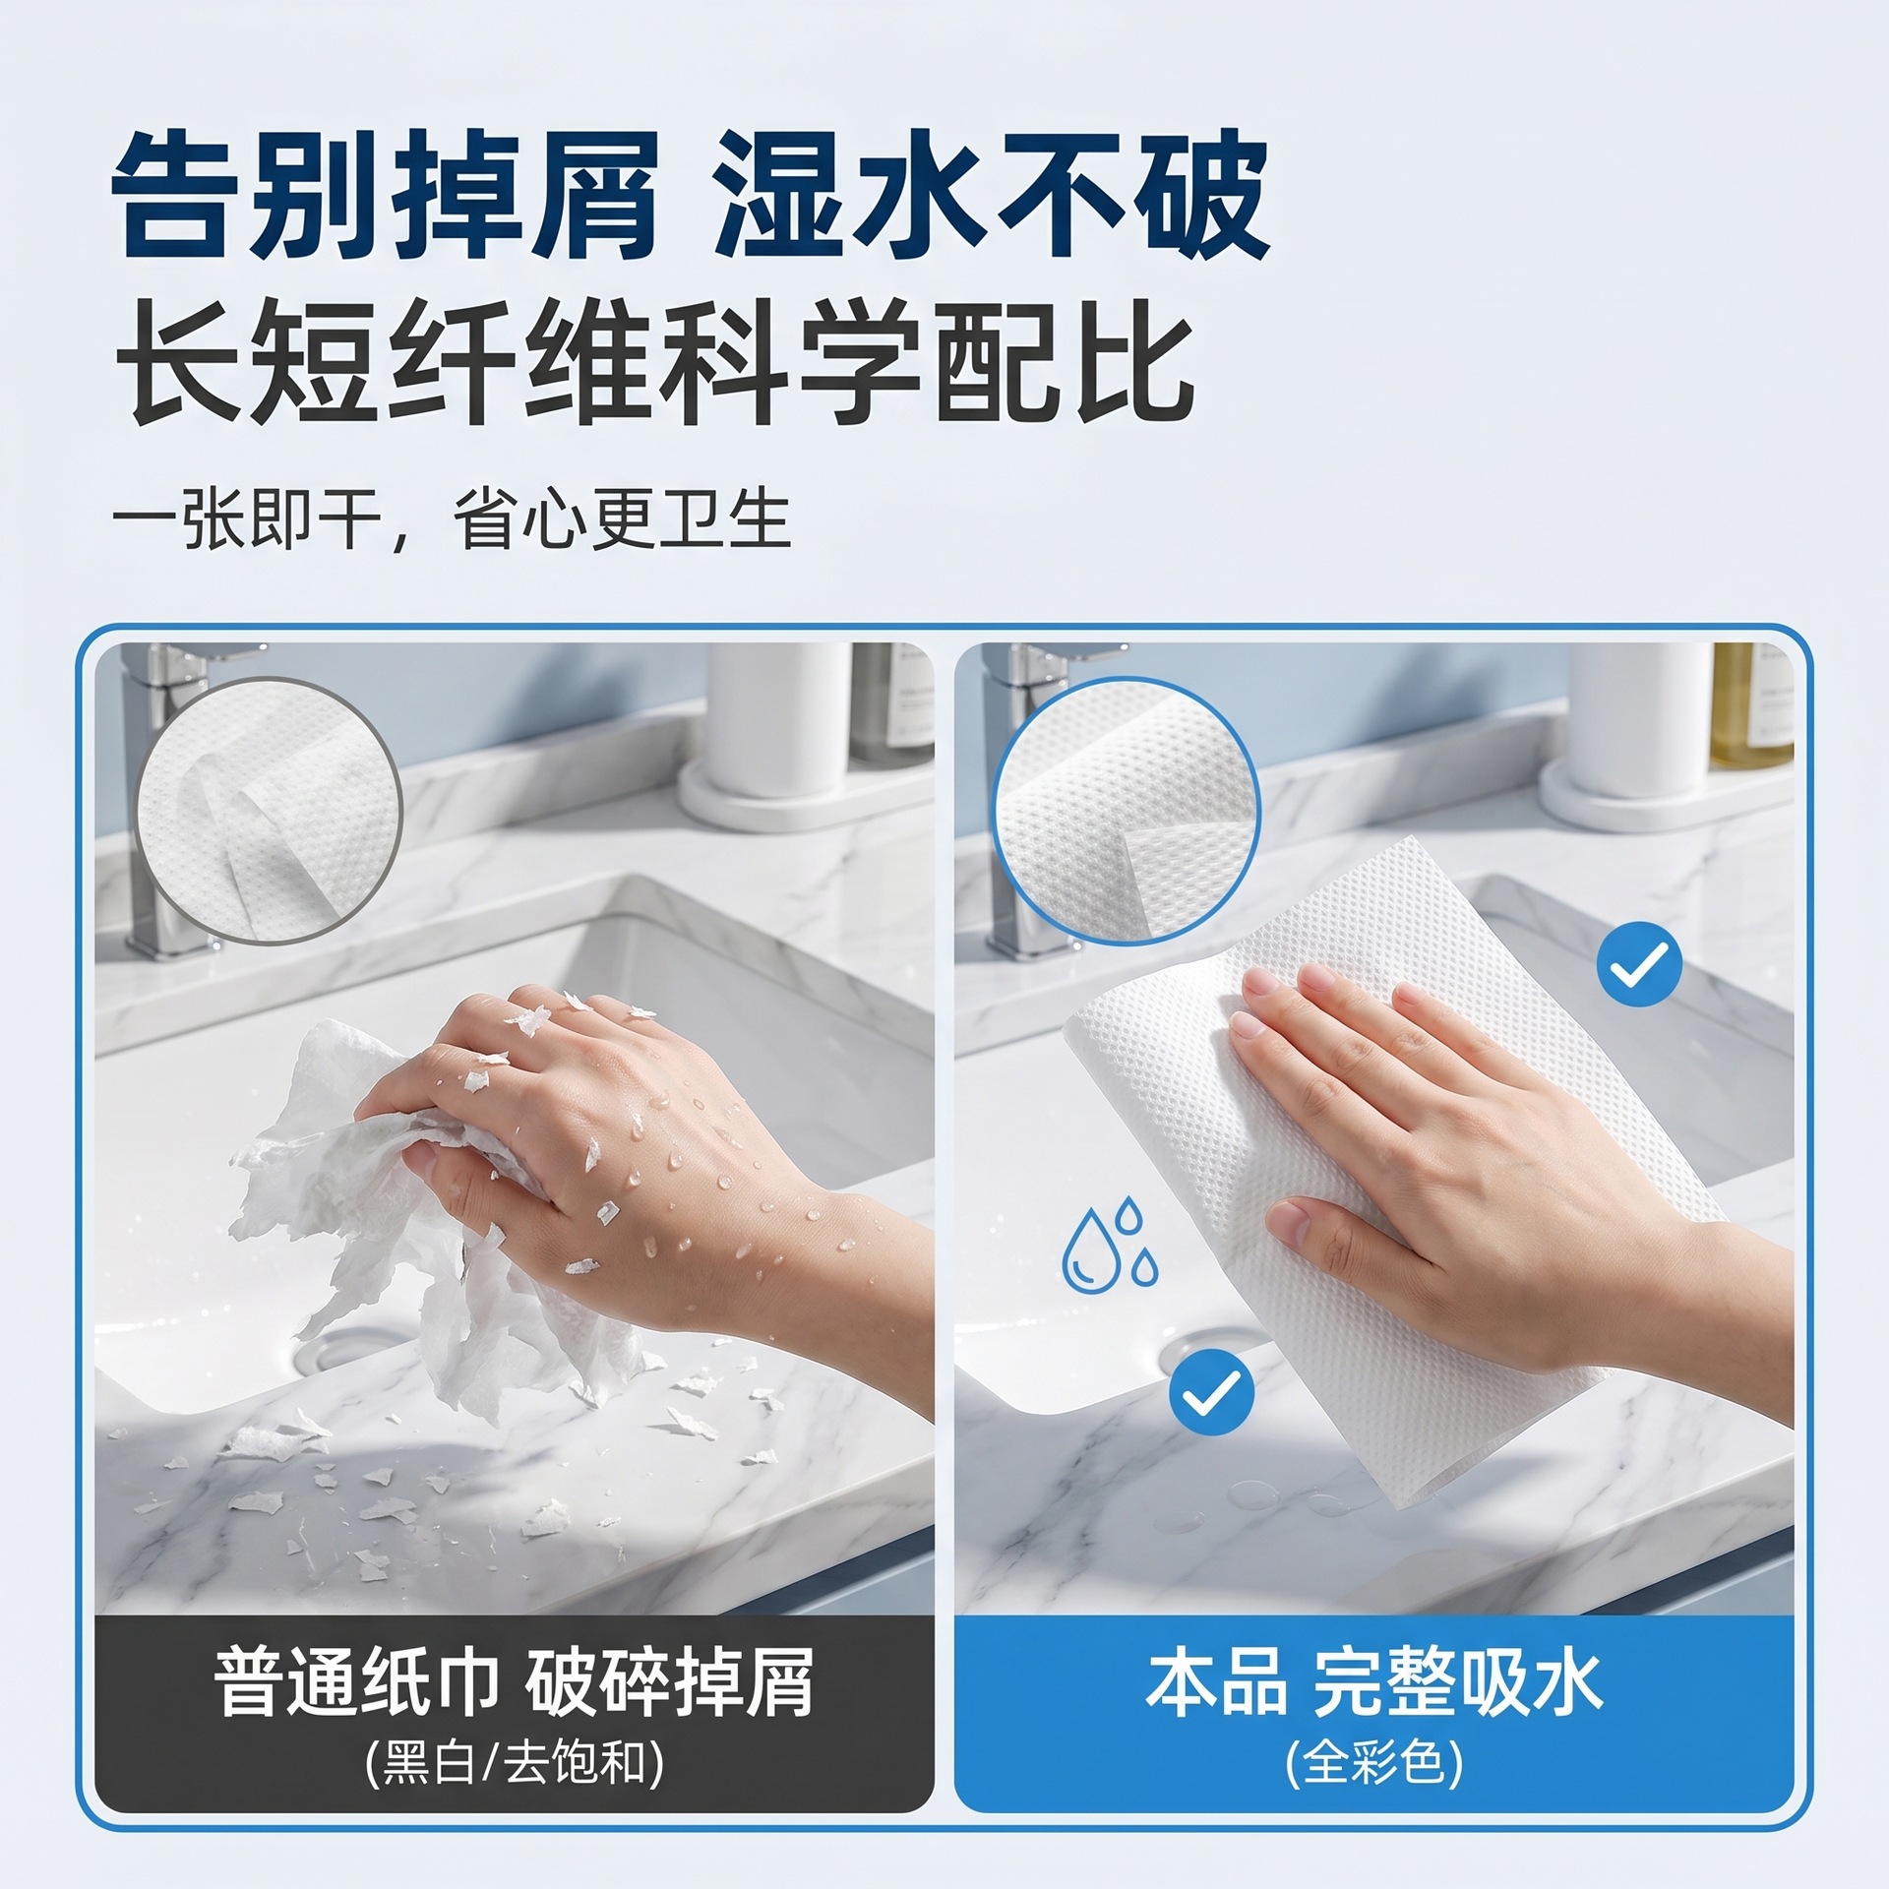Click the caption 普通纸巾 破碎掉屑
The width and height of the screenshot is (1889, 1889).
[514, 1682]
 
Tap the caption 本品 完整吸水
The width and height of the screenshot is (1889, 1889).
[1374, 1682]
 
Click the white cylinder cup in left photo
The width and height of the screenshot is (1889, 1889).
[778, 722]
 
